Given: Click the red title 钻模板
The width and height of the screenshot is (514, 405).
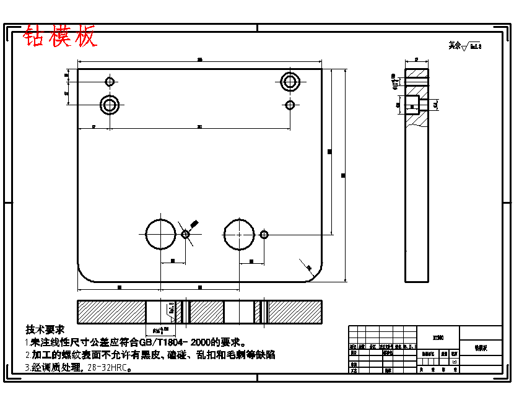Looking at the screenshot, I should (60, 37).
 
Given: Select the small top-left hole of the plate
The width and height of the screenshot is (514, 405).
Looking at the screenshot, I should (110, 81).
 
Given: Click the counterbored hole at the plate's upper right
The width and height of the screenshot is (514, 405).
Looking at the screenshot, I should (289, 81).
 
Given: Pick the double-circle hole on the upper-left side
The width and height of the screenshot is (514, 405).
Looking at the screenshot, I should (110, 105).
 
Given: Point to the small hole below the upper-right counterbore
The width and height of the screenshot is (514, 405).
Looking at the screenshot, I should (289, 105).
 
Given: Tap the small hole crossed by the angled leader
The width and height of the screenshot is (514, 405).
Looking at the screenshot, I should (185, 234).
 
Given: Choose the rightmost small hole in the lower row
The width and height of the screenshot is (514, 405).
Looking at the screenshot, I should (264, 234).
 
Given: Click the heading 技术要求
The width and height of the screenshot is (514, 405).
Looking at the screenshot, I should (45, 329).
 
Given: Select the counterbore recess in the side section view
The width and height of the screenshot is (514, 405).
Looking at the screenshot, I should (412, 106).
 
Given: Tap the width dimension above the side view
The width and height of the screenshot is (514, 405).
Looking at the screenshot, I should (416, 59).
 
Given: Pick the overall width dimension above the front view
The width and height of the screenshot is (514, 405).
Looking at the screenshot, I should (199, 59).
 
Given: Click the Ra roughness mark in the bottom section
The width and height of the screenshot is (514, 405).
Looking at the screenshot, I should (171, 308).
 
